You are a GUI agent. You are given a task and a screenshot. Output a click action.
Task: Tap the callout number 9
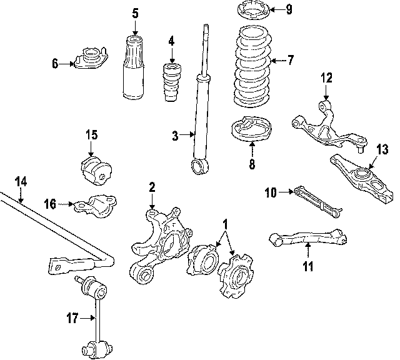[x=289, y=9]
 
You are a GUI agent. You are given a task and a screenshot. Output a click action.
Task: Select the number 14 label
[x=21, y=182]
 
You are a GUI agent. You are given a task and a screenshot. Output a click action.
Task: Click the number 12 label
[x=327, y=78]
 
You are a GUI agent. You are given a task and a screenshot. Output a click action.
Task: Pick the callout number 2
[x=151, y=186]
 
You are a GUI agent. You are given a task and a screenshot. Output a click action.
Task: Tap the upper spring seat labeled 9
[x=253, y=11]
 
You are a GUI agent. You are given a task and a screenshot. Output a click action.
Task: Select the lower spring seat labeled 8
[x=252, y=131]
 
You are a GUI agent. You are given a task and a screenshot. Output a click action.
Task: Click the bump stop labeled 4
[x=171, y=83]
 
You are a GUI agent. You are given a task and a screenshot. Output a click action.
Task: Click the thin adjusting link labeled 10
[x=317, y=201]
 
